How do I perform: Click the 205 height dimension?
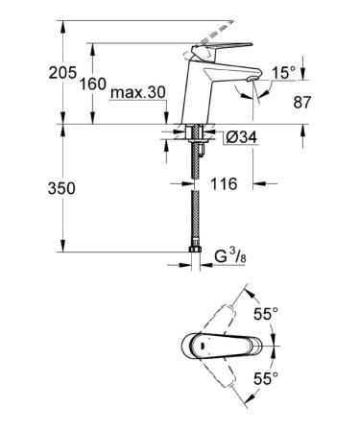coord(62,73)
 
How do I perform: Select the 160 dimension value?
coord(93,84)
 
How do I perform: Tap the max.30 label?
coord(138,92)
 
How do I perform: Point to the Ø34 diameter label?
coord(241,137)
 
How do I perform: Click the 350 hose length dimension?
coord(61,188)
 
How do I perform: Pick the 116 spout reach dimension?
coord(224,183)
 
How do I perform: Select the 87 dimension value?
coord(302,103)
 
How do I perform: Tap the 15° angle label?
coord(284,73)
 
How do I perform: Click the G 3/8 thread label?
coord(230,257)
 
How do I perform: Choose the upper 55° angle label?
coord(266,314)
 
